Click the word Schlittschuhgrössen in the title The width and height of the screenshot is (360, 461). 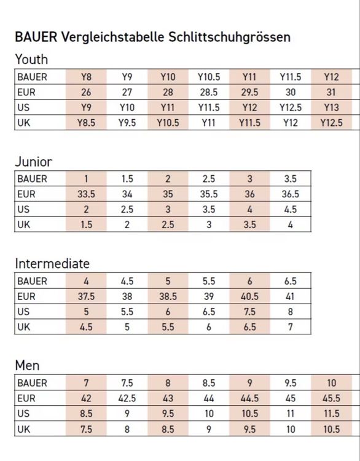(x=229, y=37)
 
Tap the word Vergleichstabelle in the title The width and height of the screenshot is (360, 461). (x=112, y=37)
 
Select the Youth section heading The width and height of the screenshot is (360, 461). (x=31, y=60)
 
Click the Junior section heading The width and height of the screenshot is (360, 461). (x=34, y=162)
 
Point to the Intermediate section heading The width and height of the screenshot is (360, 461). (x=52, y=264)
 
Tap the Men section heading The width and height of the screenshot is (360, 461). (x=27, y=366)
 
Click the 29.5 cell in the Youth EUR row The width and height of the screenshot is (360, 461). (x=249, y=92)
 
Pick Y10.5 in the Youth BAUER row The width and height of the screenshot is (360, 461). (x=209, y=77)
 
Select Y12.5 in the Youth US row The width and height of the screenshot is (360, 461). (x=291, y=108)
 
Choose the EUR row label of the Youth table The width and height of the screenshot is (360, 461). (x=26, y=92)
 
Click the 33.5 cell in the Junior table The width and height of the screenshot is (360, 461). (x=86, y=194)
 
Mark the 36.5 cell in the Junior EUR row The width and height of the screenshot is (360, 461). (x=291, y=194)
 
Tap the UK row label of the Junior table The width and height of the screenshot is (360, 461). (x=23, y=224)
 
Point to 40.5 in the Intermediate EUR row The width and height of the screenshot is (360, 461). (x=249, y=296)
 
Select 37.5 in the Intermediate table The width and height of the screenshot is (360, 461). (x=86, y=296)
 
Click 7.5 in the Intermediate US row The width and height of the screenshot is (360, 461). (x=249, y=312)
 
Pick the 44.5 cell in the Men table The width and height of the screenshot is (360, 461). (x=249, y=398)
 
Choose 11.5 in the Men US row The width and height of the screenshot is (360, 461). (x=332, y=414)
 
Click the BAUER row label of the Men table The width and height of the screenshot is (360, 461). (x=32, y=383)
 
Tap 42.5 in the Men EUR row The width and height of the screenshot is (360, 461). (x=127, y=398)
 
